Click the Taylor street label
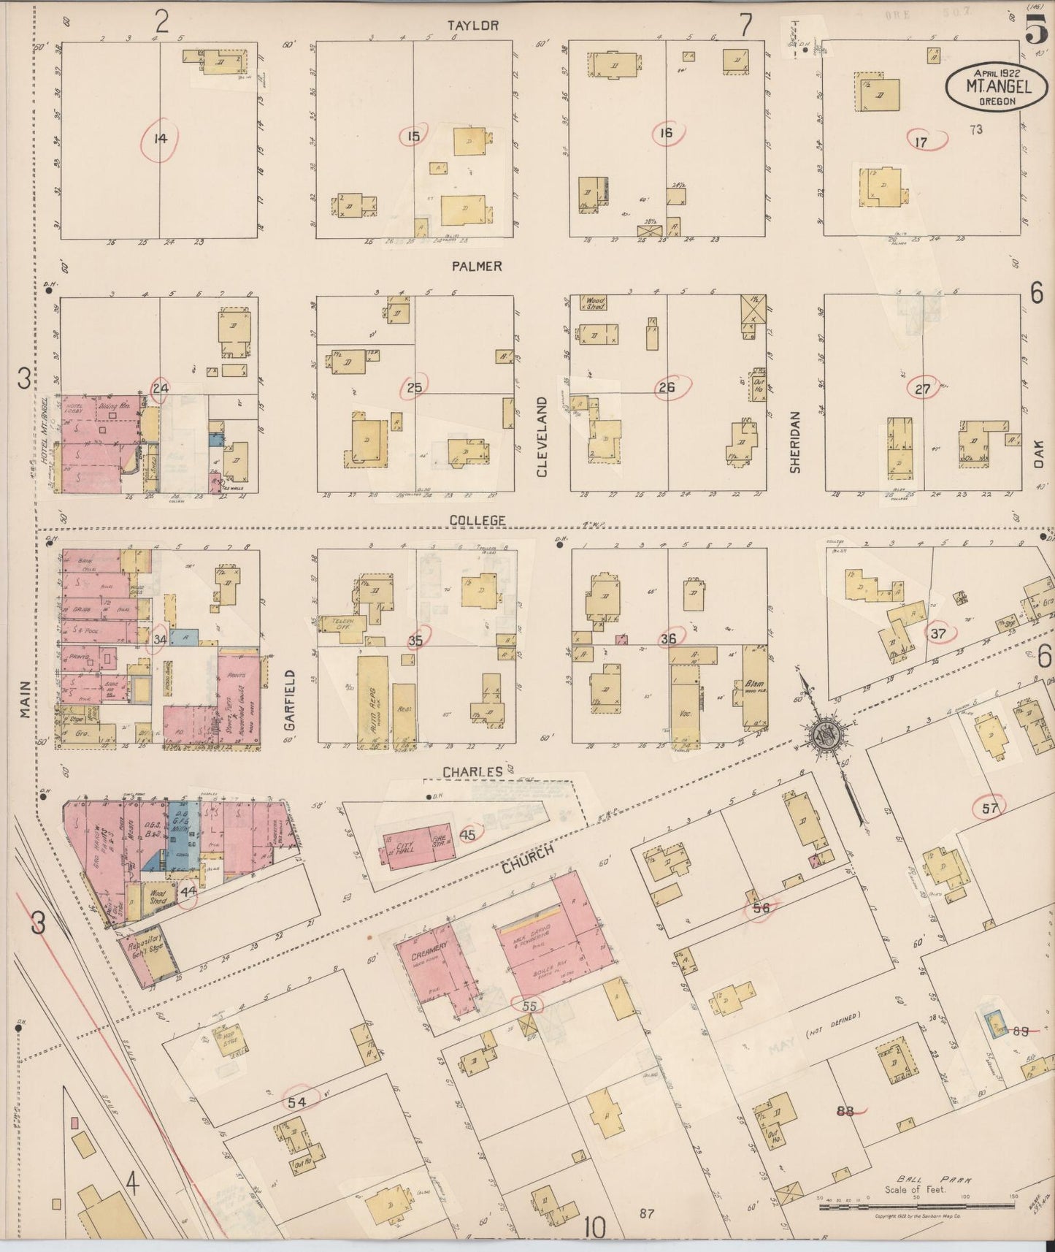(x=474, y=26)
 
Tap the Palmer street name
(x=476, y=266)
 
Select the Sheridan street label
(x=795, y=441)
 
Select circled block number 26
(x=666, y=388)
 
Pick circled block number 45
(x=468, y=833)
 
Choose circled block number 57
(x=990, y=808)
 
